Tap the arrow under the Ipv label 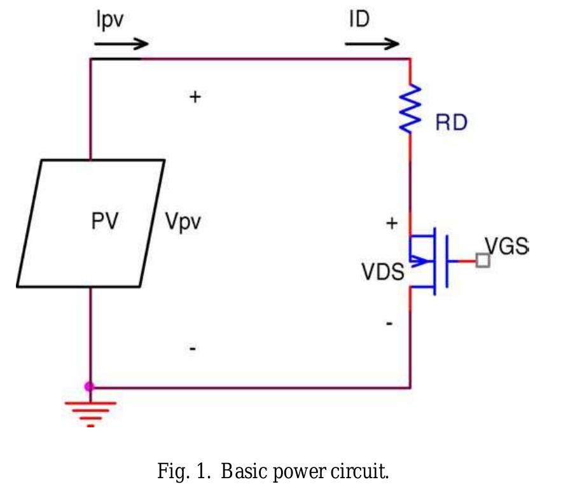pos(121,45)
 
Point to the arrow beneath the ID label pos(372,45)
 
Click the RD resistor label pos(451,123)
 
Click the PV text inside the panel pos(104,223)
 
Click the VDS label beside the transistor pos(382,272)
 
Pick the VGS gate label pos(507,246)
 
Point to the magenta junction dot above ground pos(90,386)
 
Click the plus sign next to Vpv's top pos(195,97)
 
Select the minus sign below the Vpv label pos(193,348)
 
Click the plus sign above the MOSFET pos(392,223)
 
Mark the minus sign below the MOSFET pos(389,324)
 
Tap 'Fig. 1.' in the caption pos(181,472)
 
